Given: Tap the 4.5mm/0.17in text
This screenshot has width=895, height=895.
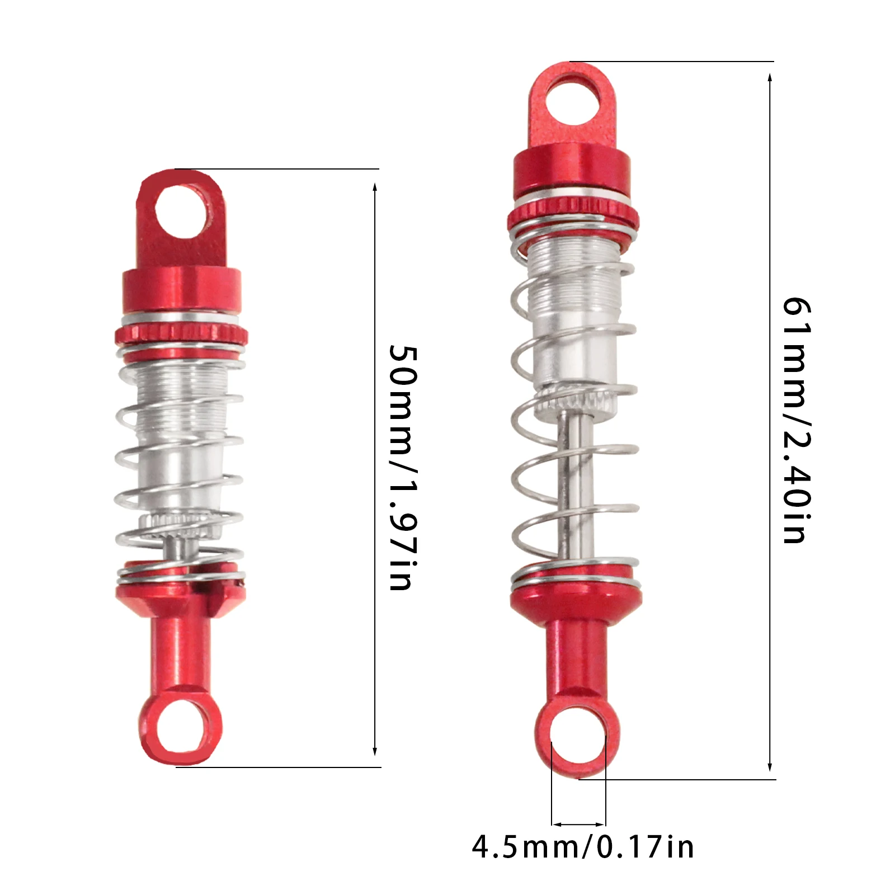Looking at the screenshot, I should tap(583, 846).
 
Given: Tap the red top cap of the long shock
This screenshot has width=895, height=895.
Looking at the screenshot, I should tap(572, 171).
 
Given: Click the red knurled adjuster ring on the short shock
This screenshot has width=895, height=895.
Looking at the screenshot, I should tap(182, 336).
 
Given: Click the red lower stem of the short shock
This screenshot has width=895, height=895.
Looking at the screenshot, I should tap(180, 654).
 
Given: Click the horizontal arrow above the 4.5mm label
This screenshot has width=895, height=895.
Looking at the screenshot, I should tap(578, 824).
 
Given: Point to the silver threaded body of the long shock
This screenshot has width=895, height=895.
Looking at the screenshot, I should tap(574, 291).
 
